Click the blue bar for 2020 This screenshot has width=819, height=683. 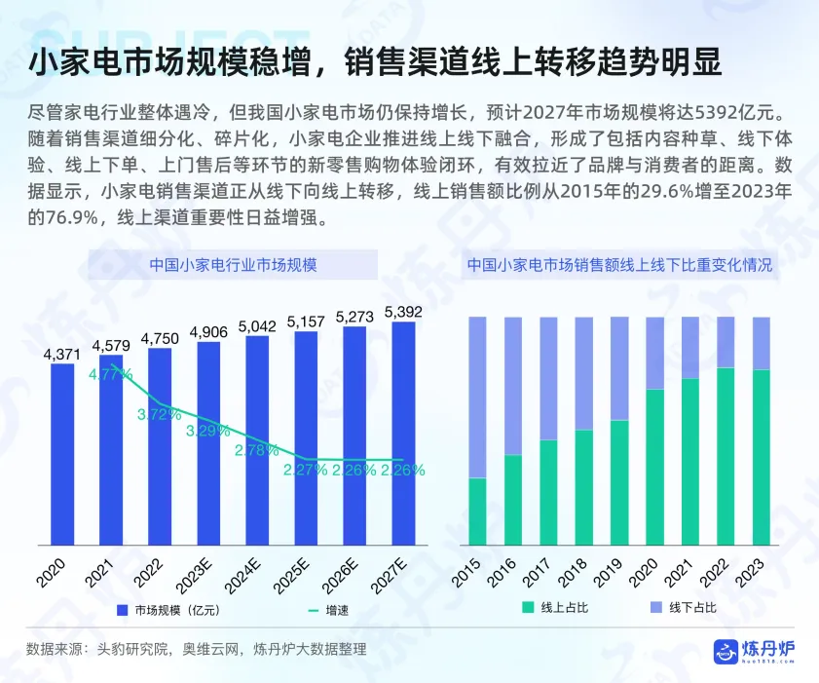coord(62,454)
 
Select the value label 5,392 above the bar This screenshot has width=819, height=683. coord(403,312)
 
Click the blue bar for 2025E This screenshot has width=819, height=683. coord(306,438)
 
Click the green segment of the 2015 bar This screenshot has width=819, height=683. coord(477,512)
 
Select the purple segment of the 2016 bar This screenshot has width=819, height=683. coord(513,385)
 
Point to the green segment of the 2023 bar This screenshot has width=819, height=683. coord(762,458)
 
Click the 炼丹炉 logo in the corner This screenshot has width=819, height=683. coord(755,651)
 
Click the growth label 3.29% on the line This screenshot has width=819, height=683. coord(208,431)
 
